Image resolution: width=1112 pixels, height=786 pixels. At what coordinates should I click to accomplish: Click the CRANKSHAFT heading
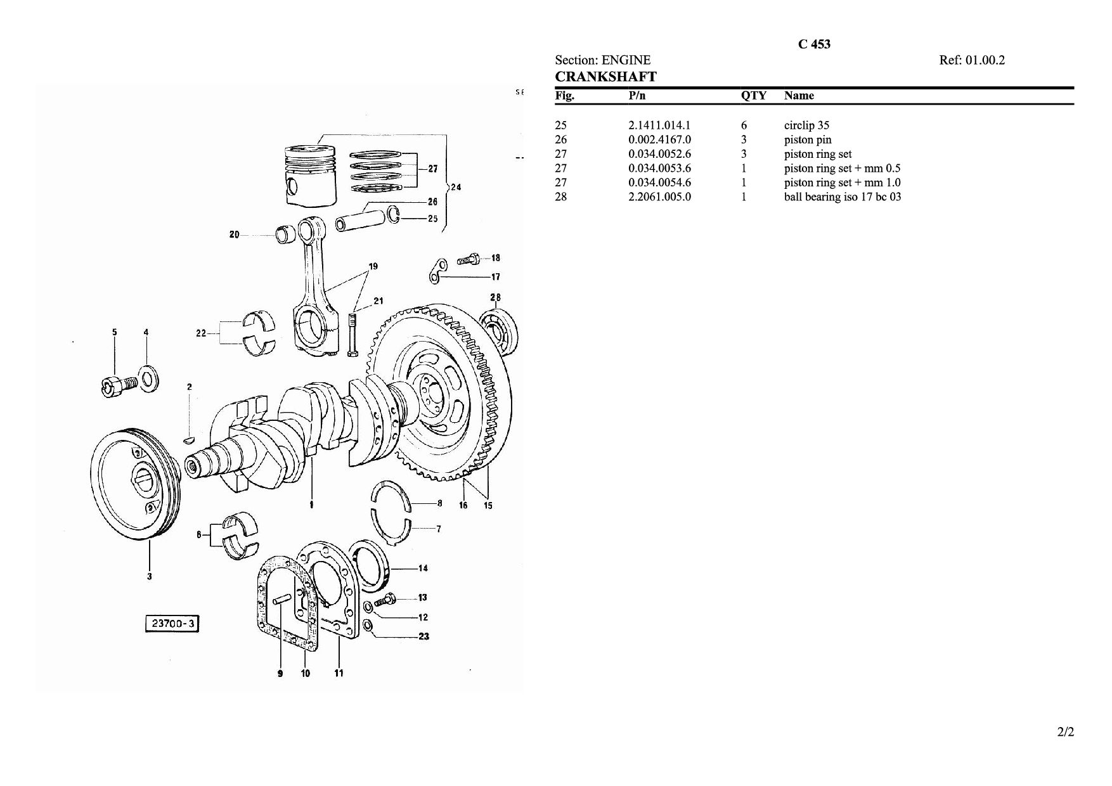605,77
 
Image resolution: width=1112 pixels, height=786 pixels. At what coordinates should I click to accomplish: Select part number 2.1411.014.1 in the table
659,126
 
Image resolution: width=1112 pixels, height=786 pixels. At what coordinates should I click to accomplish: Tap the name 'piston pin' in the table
808,140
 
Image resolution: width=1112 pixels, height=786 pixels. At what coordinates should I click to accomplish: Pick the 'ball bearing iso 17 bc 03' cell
843,196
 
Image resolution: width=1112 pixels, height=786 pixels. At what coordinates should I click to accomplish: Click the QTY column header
754,96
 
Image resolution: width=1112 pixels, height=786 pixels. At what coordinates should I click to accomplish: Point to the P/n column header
637,96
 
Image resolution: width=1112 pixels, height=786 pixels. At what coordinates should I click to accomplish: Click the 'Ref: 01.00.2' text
972,60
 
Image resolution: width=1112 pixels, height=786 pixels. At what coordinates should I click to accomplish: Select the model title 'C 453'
814,44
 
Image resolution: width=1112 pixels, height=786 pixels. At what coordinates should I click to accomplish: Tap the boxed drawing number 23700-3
172,624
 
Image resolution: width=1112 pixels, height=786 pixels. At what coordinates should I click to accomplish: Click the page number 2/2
1066,733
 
